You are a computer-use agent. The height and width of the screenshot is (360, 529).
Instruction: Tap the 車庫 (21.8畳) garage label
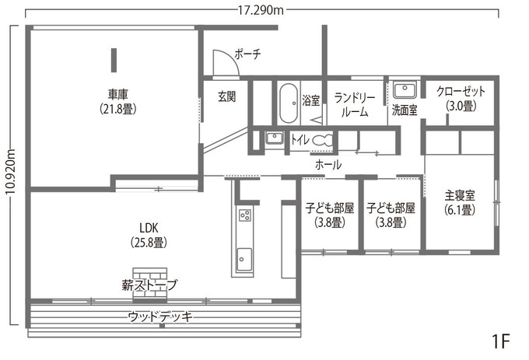[117, 102]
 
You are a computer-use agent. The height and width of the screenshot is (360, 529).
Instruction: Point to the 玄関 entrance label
[226, 97]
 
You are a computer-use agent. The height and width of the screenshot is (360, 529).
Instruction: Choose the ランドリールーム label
[356, 104]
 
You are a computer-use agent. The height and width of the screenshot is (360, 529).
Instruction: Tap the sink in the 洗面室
[405, 89]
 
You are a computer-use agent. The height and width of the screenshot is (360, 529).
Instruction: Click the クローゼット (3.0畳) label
[460, 98]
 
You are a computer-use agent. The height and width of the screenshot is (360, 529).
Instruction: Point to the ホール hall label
[328, 165]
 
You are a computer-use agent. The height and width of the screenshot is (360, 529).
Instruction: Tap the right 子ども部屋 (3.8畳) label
[391, 215]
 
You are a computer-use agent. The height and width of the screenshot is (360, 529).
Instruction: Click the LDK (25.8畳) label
[148, 234]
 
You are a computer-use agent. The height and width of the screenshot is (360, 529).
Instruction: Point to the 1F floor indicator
[500, 341]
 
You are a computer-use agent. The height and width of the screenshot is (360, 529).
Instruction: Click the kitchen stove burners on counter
[244, 215]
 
